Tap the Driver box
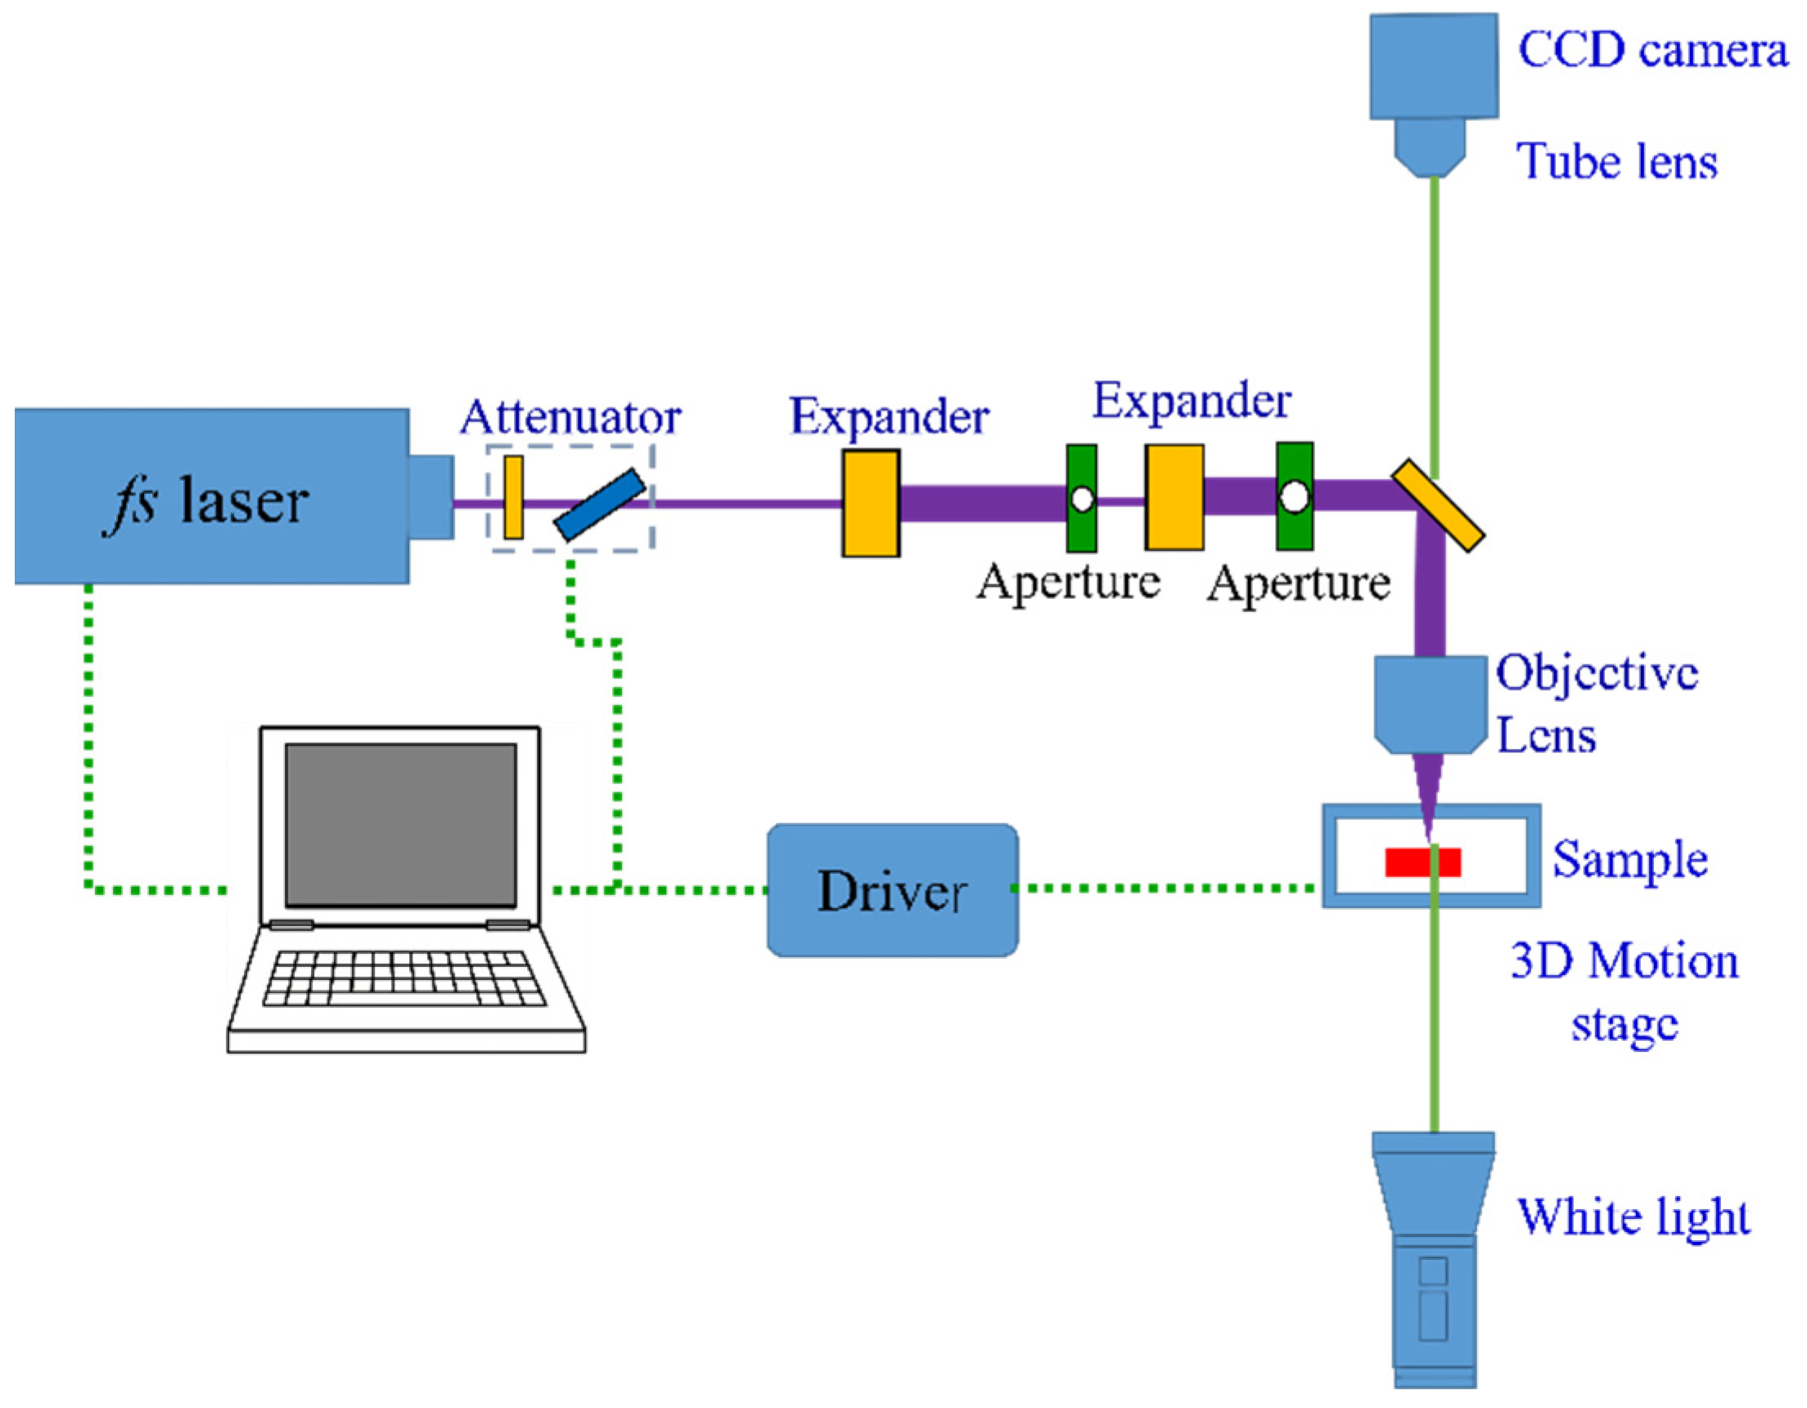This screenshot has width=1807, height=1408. (x=892, y=891)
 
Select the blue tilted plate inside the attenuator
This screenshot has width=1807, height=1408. (x=600, y=505)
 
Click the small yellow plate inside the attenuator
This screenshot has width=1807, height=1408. (x=513, y=497)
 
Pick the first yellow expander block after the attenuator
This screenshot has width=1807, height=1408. (x=871, y=503)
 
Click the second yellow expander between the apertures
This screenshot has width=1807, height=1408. (x=1174, y=497)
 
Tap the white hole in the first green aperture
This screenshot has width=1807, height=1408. (x=1081, y=499)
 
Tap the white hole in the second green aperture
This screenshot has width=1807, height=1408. (x=1294, y=497)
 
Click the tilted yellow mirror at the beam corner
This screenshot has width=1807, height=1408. (x=1438, y=506)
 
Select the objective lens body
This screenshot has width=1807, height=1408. (x=1430, y=704)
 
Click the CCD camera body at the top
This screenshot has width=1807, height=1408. (x=1433, y=66)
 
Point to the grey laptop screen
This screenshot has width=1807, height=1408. (x=400, y=825)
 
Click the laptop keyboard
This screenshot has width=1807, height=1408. (x=403, y=978)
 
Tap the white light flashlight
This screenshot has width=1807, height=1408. (x=1434, y=1257)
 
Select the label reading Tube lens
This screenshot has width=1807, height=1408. (x=1615, y=161)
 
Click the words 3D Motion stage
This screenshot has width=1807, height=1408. (x=1624, y=992)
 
